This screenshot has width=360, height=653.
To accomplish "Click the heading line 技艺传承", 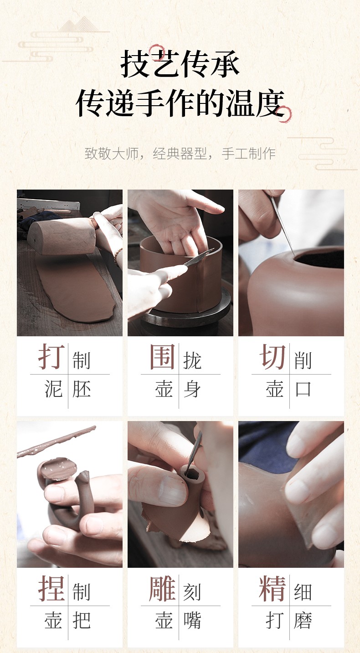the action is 180,64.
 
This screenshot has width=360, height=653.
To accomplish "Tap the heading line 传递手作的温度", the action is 180,103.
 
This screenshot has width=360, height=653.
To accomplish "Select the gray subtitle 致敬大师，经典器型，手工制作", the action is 180,153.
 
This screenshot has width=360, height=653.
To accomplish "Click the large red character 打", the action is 51,356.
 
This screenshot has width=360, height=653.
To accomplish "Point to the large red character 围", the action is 162,356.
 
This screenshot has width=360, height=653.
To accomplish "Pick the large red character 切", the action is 273,356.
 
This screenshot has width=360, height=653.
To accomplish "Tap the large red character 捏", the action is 51,588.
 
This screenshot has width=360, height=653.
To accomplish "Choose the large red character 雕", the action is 162,588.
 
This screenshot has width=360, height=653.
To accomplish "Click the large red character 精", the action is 273,588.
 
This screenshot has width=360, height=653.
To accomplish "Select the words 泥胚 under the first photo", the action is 67,389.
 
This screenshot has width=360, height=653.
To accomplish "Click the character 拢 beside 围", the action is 192,360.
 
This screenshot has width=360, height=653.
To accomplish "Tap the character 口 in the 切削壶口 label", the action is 303,389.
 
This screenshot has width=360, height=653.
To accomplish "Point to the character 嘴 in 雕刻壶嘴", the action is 192,620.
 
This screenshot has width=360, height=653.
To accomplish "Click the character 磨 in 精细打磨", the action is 303,620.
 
